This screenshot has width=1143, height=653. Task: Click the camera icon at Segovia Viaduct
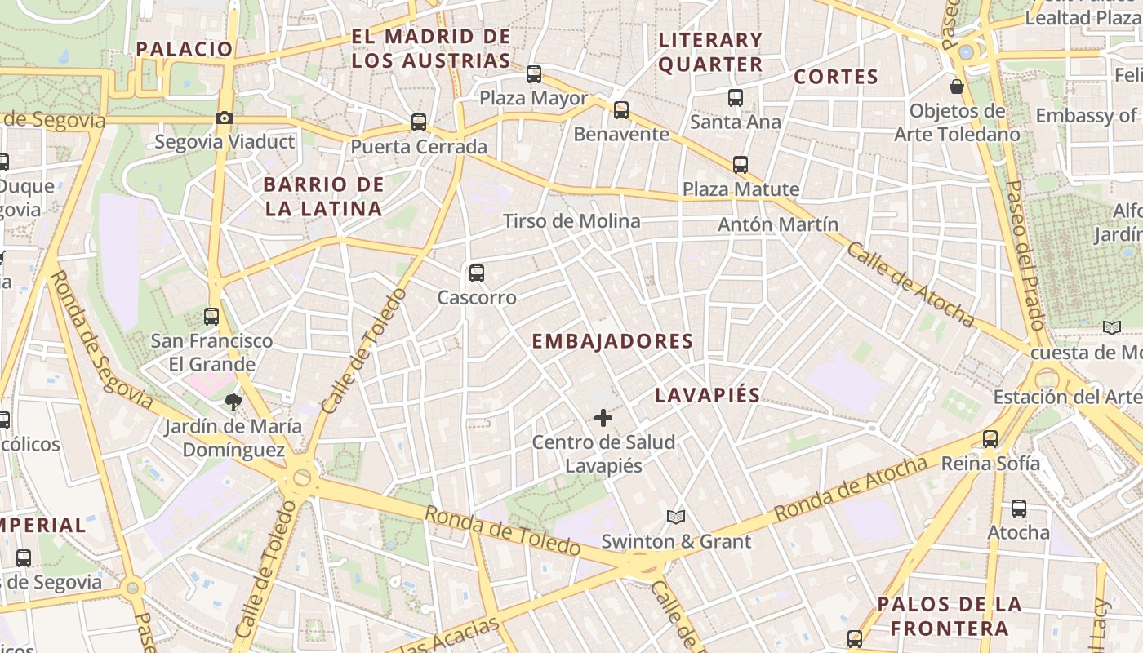click(225, 118)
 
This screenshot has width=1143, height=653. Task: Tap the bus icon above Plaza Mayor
click(534, 74)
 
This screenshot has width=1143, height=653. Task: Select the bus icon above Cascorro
click(477, 273)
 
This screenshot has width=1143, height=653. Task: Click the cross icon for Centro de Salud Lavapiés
click(603, 419)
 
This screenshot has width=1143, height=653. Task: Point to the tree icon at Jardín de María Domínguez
click(233, 402)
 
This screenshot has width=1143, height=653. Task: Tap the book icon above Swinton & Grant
click(676, 517)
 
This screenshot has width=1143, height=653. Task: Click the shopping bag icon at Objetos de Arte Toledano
click(957, 86)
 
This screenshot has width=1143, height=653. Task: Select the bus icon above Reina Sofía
click(990, 439)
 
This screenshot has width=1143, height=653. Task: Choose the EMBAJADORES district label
click(612, 341)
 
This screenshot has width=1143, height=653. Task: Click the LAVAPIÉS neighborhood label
click(707, 395)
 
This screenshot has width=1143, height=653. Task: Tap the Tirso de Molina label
click(571, 221)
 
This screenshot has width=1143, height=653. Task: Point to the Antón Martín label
click(778, 224)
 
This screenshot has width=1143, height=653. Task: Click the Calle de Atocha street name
click(910, 284)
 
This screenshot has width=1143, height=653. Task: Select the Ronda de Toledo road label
click(502, 531)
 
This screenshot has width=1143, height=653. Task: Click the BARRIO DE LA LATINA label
click(323, 197)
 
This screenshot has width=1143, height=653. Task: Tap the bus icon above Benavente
click(621, 110)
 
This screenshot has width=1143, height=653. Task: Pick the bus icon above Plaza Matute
click(741, 165)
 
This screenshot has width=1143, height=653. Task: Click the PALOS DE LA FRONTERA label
click(950, 616)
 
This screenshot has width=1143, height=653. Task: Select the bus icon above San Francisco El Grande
click(211, 317)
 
